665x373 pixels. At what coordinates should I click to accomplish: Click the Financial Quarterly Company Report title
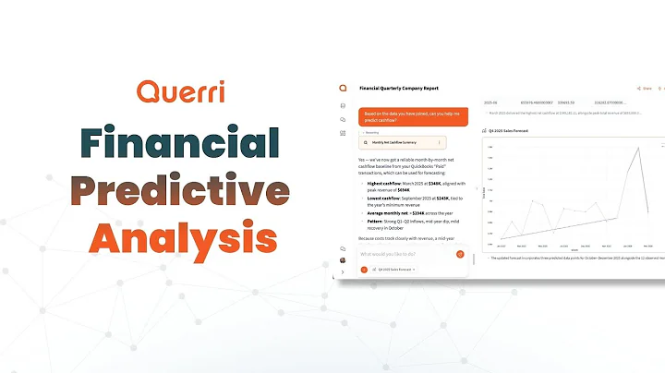(400, 89)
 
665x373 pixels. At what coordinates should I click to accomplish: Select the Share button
(645, 89)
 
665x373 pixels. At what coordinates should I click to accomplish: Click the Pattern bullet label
(375, 223)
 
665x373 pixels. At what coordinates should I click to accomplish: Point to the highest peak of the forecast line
(637, 147)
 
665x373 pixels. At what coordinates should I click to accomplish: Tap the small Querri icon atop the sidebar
(343, 89)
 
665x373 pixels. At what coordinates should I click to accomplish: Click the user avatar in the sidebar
(343, 259)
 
